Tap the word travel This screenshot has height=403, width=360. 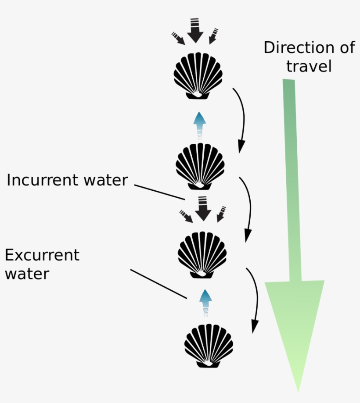coord(309,66)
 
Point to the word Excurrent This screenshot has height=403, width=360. coord(42,255)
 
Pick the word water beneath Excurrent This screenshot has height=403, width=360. coord(27,274)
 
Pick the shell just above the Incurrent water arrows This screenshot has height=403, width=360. coord(200,166)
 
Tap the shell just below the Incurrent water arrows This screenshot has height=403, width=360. coord(202,254)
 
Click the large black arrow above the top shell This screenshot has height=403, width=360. coord(195,31)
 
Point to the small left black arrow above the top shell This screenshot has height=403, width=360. coord(178,38)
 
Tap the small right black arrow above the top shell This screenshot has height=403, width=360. coord(212,36)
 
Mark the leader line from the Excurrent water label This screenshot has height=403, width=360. coord(158,284)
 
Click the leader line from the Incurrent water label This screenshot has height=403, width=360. coord(159,192)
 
